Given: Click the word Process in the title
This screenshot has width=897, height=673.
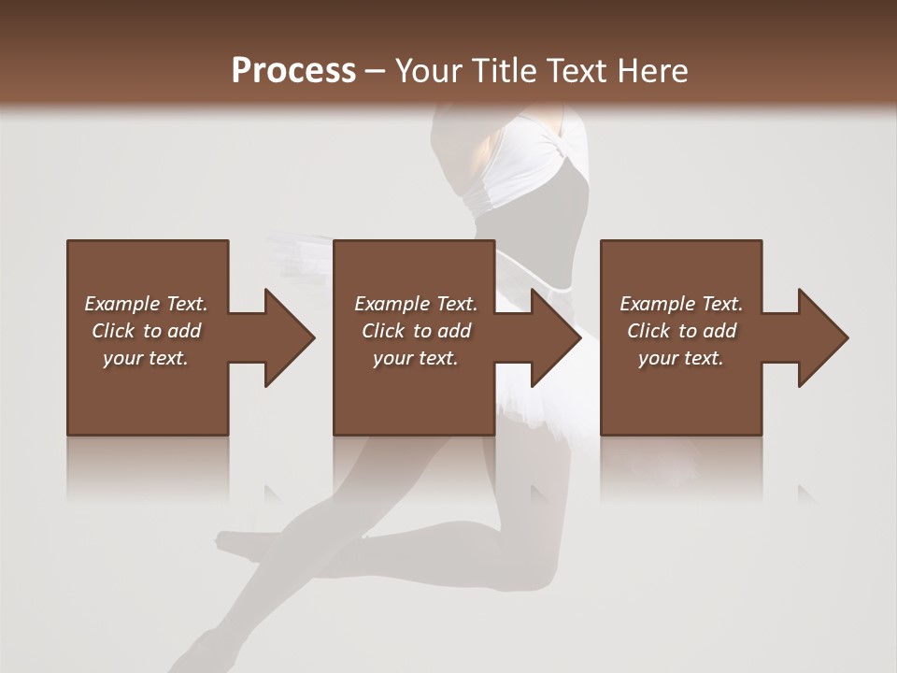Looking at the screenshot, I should click(293, 71).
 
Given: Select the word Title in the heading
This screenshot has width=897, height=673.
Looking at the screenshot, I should click(500, 71).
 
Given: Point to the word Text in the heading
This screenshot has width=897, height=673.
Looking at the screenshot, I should click(577, 71).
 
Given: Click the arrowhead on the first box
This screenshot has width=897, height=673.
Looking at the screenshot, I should click(286, 337).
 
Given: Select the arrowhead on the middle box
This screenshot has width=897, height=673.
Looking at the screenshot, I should click(553, 337).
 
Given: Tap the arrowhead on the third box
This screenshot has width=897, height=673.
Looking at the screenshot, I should click(820, 337).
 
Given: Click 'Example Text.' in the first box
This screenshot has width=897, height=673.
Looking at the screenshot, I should click(146, 304).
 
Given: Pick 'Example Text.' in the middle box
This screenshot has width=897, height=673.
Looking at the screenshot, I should click(416, 304).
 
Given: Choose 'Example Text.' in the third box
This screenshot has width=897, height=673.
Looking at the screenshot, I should click(681, 304).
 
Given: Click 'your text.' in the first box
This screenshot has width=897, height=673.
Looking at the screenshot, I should click(146, 358).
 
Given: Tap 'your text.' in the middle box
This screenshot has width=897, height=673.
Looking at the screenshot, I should click(416, 358).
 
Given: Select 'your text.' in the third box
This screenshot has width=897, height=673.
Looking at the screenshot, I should click(681, 358).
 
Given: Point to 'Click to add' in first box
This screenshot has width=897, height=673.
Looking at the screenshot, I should click(146, 331).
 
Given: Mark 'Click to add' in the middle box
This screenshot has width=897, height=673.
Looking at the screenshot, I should click(416, 331).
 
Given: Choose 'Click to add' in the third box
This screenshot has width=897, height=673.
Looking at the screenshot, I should click(681, 331).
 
